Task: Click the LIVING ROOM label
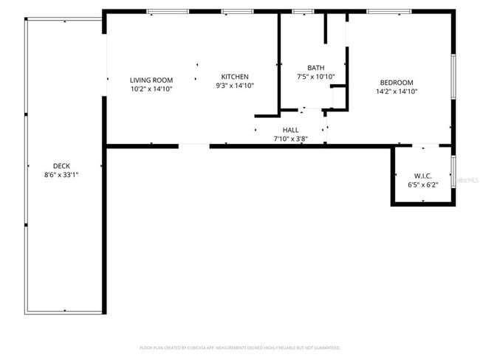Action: pos(151,80)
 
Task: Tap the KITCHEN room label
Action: pos(235,77)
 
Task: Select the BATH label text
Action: pos(316,68)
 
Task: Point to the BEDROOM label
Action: pos(397,83)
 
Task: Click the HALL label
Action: pos(291,130)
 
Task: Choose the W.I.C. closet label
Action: pos(422,176)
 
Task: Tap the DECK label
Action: pos(61,166)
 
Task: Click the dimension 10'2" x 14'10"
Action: pos(151,89)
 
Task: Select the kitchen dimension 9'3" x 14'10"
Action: pos(235,86)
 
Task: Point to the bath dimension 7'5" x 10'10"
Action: pos(316,77)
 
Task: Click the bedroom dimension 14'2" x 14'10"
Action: pos(397,91)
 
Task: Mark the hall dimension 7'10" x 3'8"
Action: pos(291,139)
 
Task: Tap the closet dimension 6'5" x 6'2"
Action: pos(422,184)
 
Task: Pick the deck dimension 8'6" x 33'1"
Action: pos(61,175)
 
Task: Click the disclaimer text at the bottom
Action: pos(239,347)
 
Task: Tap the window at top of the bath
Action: pos(302,12)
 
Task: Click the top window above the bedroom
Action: pos(389,12)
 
